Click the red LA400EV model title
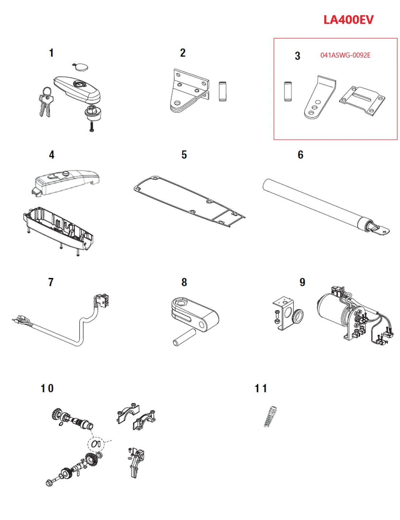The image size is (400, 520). coord(348,20)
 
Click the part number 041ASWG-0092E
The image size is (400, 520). coord(345,55)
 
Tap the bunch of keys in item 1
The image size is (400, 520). coord(46,102)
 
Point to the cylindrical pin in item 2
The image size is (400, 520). coord(222,91)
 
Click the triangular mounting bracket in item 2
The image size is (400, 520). coord(188,91)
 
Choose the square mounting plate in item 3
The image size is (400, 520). coord(362,100)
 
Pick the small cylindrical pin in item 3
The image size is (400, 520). coord(287,91)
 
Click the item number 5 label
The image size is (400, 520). coord(184,155)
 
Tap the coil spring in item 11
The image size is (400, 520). coord(270,416)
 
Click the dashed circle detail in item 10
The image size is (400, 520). coord(96,444)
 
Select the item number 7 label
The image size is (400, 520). coord(51,282)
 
